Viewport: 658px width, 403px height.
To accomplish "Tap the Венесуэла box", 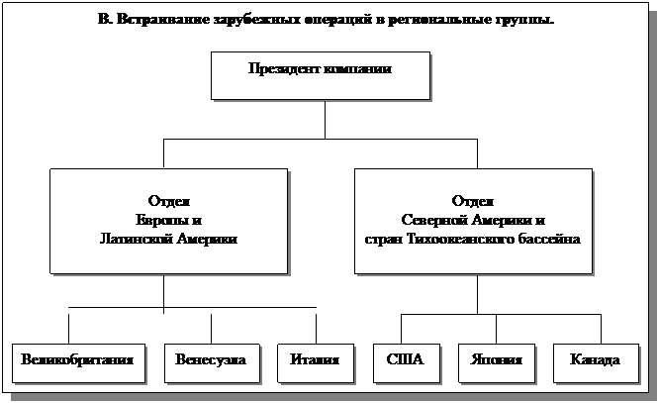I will pyautogui.click(x=211, y=361).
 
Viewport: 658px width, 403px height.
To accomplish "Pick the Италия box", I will pyautogui.click(x=316, y=361).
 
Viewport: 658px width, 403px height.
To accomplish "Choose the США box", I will pyautogui.click(x=402, y=361).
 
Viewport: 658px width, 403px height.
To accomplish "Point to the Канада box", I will pyautogui.click(x=596, y=361).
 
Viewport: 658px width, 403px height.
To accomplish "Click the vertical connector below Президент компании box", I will pyautogui.click(x=325, y=119).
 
